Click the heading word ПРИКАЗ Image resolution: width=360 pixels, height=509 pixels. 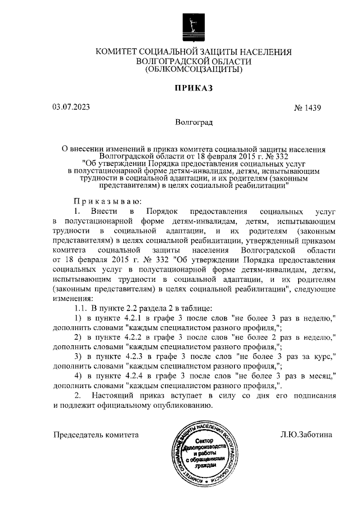pos(194,88)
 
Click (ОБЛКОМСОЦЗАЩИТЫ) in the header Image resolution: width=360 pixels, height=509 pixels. pos(194,71)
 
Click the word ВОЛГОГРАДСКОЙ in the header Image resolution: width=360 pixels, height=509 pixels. pos(178,62)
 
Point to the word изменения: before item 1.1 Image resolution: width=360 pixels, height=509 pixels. pos(74,298)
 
